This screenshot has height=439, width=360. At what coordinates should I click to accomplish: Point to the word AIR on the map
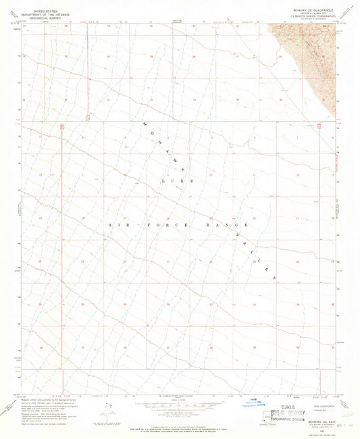pyautogui.click(x=113, y=223)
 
